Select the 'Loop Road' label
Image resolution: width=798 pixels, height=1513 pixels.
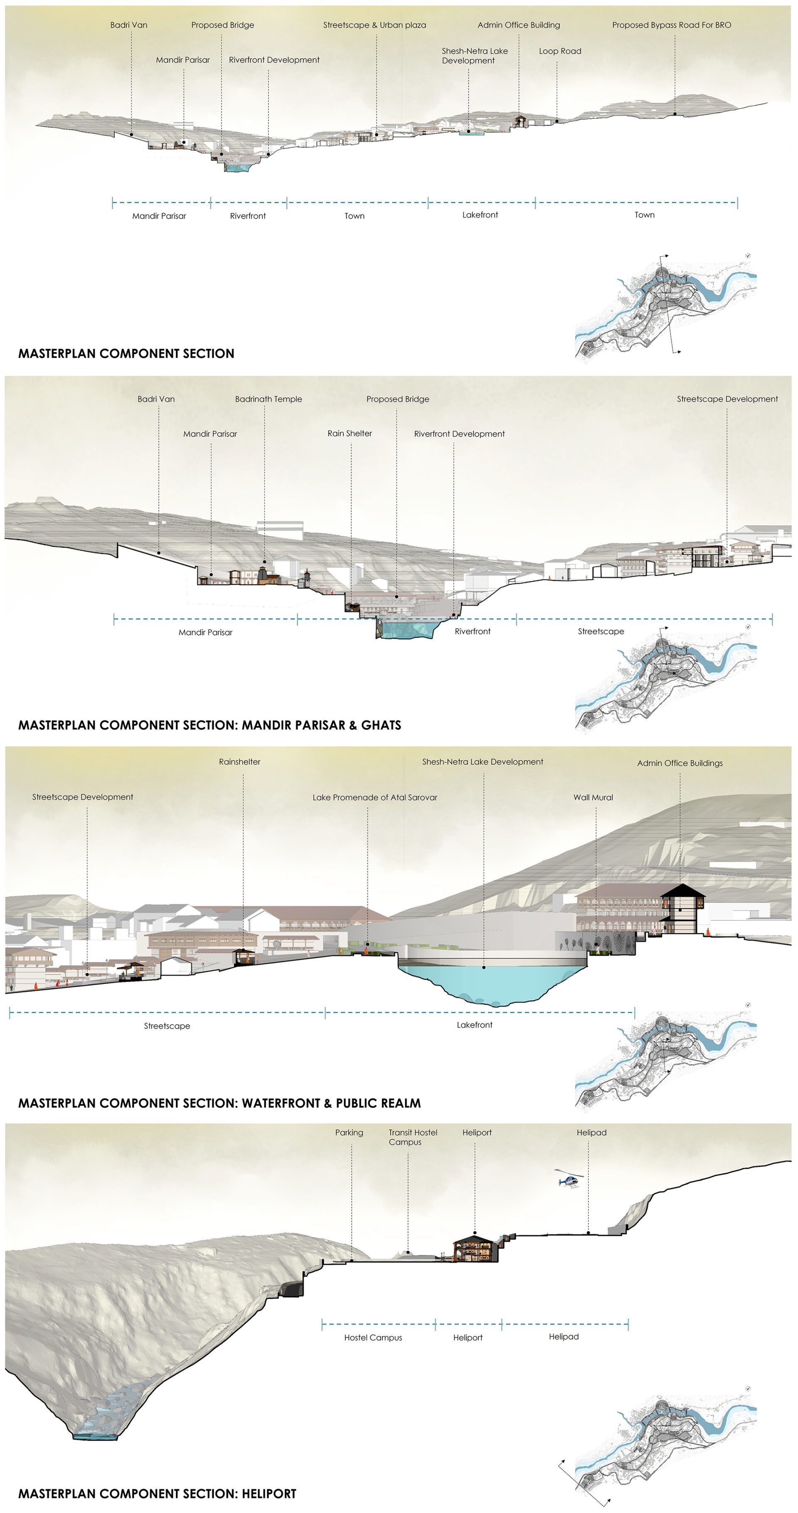559,51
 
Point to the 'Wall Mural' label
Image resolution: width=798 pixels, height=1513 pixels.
593,798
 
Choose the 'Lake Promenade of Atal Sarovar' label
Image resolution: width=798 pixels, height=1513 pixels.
374,798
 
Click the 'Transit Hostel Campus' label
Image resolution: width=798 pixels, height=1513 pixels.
412,1137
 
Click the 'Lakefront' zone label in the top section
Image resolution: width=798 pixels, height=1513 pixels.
480,215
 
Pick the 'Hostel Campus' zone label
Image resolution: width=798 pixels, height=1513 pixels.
373,1338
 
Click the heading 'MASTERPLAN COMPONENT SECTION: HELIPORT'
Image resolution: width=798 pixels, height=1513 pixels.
158,1493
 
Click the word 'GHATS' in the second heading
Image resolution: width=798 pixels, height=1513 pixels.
381,725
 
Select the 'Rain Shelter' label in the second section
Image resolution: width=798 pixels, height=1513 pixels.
350,434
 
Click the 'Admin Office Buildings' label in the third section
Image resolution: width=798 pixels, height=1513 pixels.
680,764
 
